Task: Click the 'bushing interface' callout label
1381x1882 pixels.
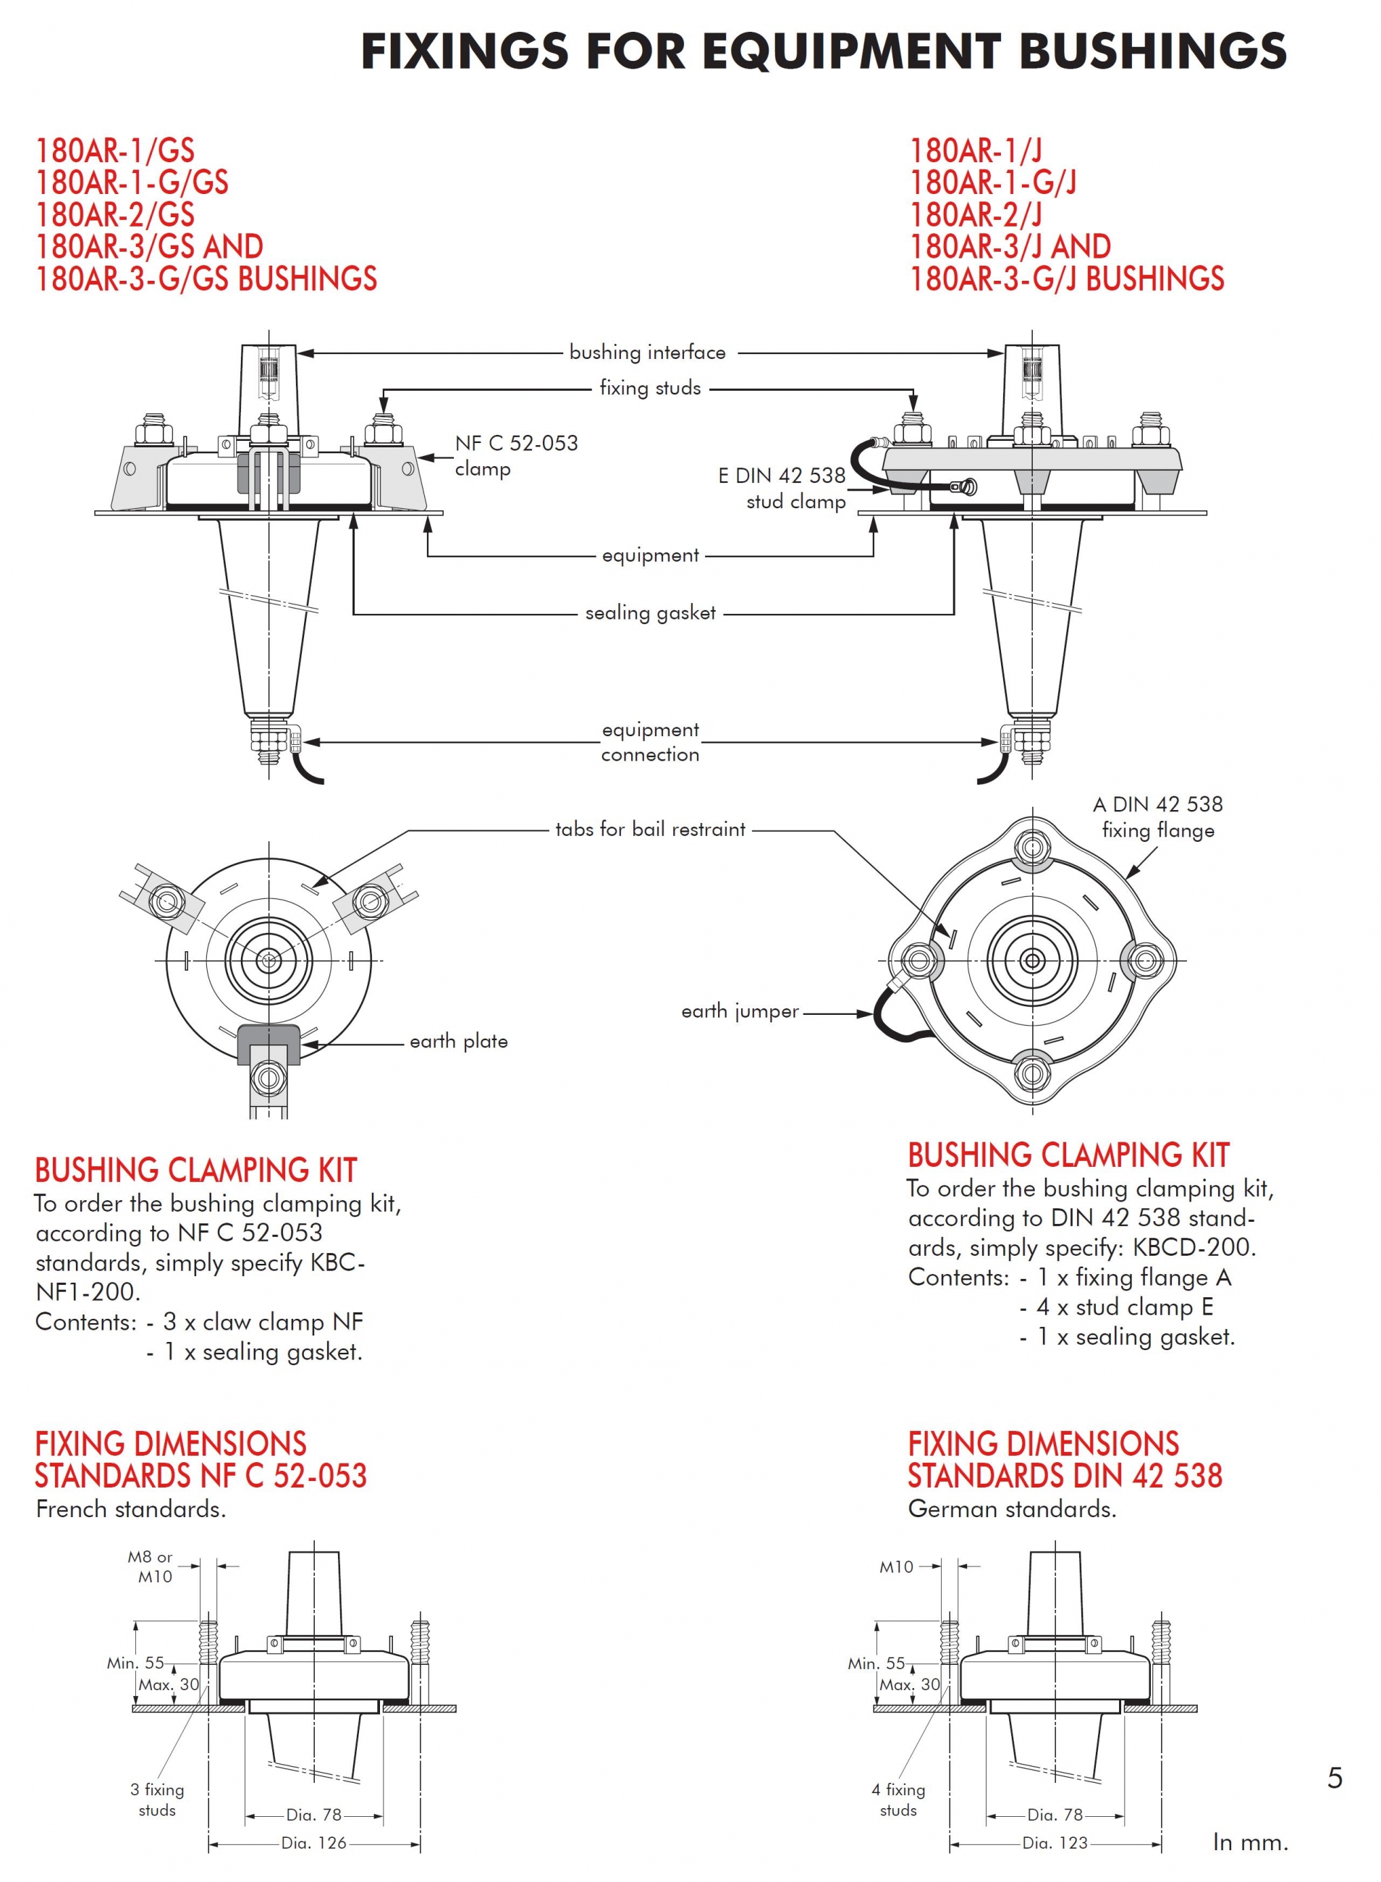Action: coord(647,352)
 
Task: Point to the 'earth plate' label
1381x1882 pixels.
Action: coord(458,1041)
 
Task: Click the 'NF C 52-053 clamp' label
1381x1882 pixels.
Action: coord(516,455)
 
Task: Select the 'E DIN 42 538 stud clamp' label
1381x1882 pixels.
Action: coord(782,489)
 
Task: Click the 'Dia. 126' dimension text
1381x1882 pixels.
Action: coord(313,1843)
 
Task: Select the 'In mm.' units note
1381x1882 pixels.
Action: coord(1250,1842)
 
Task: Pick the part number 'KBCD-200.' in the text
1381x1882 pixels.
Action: coord(1194,1247)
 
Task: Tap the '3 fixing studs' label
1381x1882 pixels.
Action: coord(157,1800)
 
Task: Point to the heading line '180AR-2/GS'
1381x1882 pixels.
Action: coord(114,215)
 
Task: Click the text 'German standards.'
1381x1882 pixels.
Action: coord(1012,1509)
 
